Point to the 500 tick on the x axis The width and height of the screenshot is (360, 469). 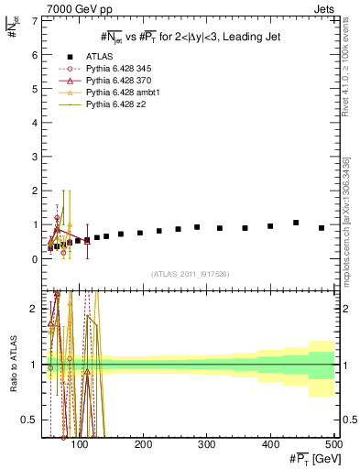click(333, 445)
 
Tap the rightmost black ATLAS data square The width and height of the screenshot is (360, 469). click(322, 228)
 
